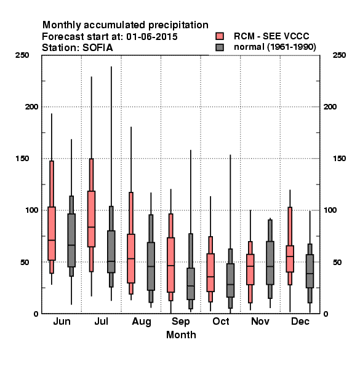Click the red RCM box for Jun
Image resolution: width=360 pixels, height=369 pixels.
click(x=52, y=234)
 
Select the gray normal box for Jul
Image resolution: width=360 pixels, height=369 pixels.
click(x=111, y=252)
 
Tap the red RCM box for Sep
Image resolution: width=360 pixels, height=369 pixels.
click(x=170, y=264)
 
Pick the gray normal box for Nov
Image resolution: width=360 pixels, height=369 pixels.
click(x=270, y=263)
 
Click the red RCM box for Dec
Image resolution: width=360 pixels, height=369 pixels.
click(x=290, y=259)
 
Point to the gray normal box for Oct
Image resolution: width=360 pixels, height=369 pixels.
click(x=230, y=280)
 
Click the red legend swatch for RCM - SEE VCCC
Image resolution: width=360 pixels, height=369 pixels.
click(x=220, y=36)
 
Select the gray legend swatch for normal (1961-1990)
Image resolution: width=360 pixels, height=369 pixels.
click(x=220, y=47)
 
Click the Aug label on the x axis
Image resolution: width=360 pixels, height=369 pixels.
click(x=142, y=322)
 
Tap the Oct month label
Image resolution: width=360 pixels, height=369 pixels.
click(x=220, y=321)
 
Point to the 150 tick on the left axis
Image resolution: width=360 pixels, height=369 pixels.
click(x=22, y=159)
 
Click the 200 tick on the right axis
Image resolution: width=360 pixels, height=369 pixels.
click(x=330, y=106)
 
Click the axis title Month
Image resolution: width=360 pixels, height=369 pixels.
click(x=181, y=335)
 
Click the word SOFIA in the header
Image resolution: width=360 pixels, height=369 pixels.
click(x=97, y=48)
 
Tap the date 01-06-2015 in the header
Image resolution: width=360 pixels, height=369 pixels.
click(x=152, y=37)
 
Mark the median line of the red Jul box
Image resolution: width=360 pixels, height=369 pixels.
click(x=91, y=227)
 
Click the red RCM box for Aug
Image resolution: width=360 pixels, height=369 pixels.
click(x=131, y=258)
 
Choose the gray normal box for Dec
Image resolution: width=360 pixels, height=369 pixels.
click(x=310, y=271)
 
